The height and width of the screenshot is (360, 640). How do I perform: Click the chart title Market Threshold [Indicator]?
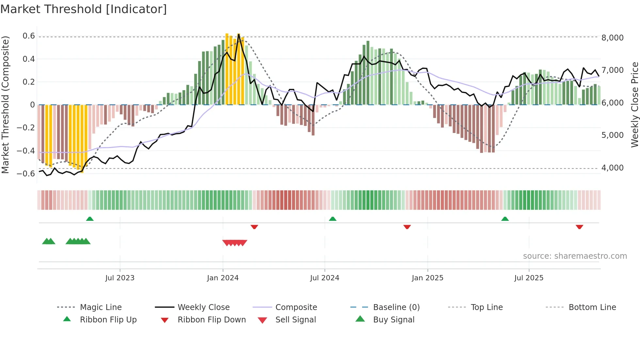(84, 9)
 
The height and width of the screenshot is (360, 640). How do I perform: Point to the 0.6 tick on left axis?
(29, 36)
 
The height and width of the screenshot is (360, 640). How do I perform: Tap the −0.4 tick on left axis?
(26, 151)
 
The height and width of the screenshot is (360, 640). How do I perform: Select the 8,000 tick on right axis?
(613, 38)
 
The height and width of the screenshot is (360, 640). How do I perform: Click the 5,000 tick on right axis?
(613, 135)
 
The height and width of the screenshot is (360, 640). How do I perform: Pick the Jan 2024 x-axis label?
(223, 278)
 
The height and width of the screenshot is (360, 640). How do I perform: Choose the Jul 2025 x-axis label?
(529, 278)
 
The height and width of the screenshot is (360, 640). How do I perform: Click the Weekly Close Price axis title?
(634, 105)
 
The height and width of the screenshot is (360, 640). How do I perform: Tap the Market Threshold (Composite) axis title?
(5, 105)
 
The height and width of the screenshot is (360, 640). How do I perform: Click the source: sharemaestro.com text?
(575, 256)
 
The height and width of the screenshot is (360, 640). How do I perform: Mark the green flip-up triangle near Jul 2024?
(332, 219)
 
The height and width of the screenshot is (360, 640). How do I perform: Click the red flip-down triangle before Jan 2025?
(407, 227)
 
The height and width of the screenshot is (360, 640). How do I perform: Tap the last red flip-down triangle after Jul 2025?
(579, 227)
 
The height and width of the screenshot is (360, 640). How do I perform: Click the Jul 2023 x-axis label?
(120, 278)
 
